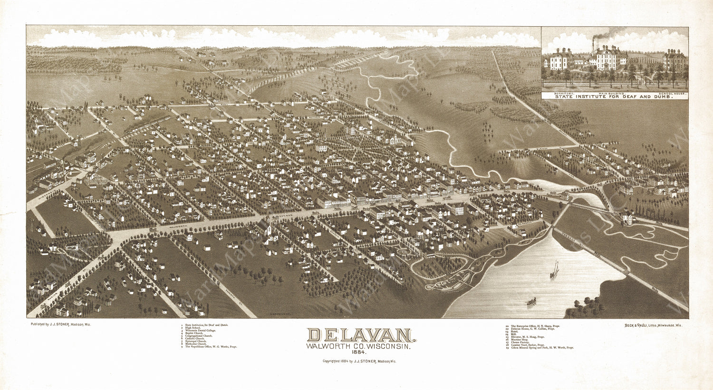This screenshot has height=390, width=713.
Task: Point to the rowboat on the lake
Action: (531, 301)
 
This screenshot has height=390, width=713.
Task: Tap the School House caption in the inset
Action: (674, 93)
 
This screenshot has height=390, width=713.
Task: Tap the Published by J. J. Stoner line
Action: (60, 324)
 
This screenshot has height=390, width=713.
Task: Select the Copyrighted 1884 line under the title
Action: (359, 361)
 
